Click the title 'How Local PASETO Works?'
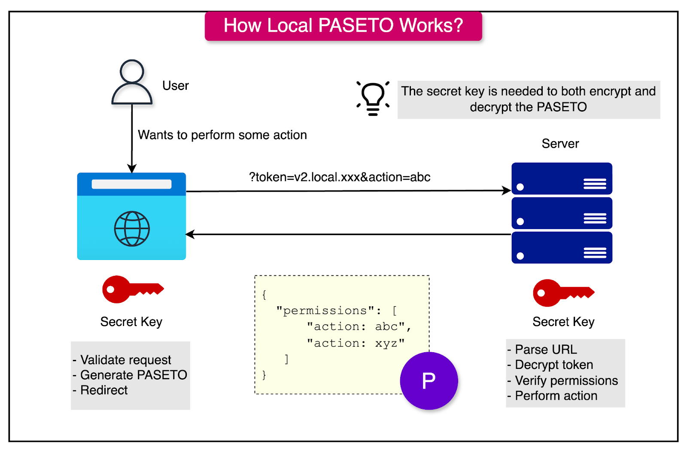[343, 26]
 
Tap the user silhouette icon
[132, 83]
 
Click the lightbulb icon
[373, 98]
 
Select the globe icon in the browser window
[132, 229]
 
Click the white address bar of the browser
[131, 184]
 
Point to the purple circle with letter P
[429, 381]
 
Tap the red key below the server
[563, 293]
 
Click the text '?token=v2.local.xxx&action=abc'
[339, 177]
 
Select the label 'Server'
[560, 144]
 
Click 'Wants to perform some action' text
[222, 135]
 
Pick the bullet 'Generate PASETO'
[133, 375]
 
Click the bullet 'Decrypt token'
[553, 365]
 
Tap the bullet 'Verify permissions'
[566, 381]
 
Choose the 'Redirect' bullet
[103, 390]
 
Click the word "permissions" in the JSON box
[325, 311]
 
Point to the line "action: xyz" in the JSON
[356, 343]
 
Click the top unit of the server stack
[562, 179]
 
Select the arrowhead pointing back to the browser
[190, 234]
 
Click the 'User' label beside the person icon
[175, 86]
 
